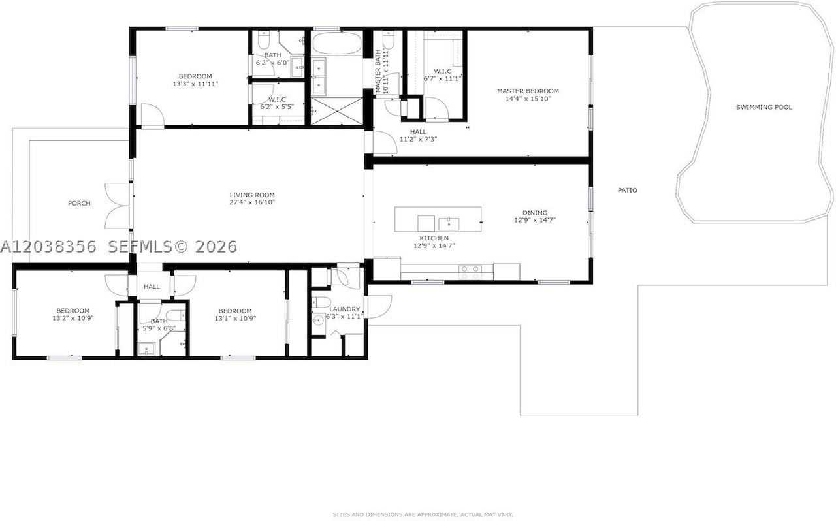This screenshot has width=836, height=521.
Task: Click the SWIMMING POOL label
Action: [764, 108]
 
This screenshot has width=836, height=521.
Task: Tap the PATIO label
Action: [628, 191]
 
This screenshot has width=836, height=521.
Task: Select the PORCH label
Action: [79, 204]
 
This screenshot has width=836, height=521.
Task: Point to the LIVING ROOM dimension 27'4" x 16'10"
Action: [252, 202]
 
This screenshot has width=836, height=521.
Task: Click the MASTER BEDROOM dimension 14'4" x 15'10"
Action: [528, 99]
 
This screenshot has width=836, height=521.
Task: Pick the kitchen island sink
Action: [449, 225]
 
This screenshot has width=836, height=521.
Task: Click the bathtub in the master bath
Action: [336, 43]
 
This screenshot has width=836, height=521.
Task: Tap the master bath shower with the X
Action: [336, 111]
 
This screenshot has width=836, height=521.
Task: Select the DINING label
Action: [535, 213]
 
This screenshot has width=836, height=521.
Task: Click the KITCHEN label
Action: [434, 238]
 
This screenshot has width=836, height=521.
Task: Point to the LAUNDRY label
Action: [344, 309]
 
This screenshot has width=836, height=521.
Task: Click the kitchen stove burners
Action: [470, 272]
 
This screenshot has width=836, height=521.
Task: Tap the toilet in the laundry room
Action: [321, 302]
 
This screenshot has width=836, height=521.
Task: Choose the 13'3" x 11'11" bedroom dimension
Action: [195, 84]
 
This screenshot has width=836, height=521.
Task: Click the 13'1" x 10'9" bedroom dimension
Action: [235, 319]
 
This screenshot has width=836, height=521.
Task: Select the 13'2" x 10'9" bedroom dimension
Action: [72, 319]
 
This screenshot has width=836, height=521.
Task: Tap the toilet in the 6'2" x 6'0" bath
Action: [263, 40]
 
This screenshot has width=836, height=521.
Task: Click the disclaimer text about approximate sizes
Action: [423, 514]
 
